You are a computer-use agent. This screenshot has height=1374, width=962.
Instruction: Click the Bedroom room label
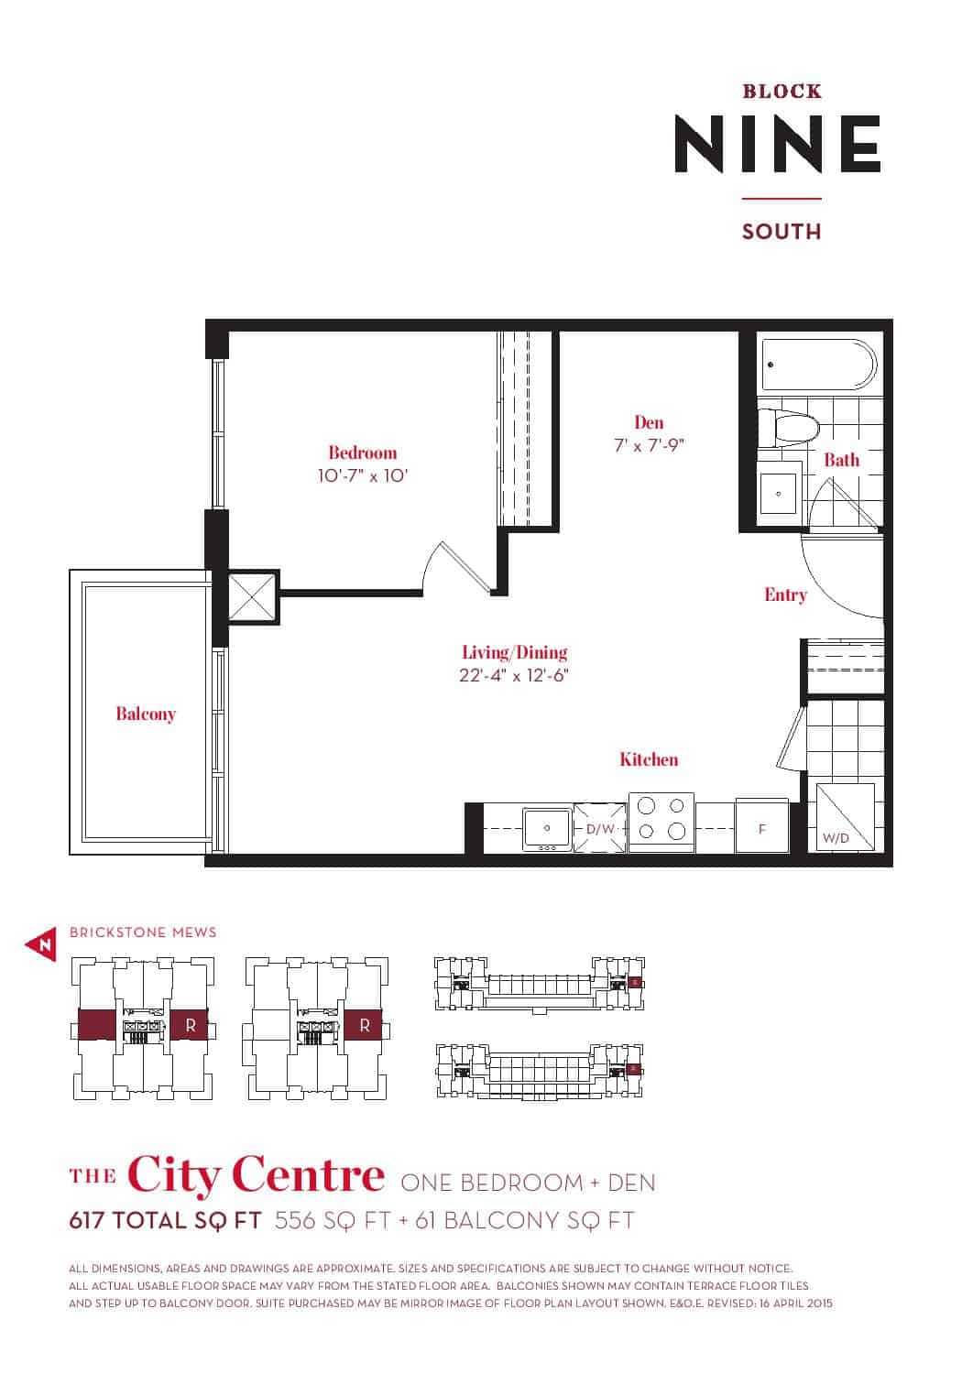(x=363, y=453)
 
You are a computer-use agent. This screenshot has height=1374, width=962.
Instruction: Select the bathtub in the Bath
(x=820, y=365)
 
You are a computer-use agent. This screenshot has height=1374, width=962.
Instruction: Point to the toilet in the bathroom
(x=789, y=429)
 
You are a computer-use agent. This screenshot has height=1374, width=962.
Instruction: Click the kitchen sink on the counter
(x=547, y=829)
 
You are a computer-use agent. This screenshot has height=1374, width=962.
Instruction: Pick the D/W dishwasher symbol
(x=600, y=828)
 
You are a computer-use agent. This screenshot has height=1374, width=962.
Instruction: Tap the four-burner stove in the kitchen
(x=661, y=822)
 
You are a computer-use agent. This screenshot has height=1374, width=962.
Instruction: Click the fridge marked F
(x=762, y=825)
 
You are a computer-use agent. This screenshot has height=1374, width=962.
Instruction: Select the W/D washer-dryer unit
(x=845, y=816)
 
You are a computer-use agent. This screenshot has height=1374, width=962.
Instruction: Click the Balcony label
(x=146, y=714)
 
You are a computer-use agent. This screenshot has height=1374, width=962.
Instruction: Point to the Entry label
(x=785, y=594)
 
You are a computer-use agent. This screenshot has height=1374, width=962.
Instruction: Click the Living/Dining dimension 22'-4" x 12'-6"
(x=514, y=675)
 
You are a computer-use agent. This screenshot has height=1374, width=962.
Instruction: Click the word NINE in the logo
(x=778, y=144)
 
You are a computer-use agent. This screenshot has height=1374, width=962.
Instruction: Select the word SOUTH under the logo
(x=782, y=232)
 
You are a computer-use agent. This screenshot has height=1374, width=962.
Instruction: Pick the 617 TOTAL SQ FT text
(x=165, y=1221)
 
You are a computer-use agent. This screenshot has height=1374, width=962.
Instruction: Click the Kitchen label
(x=649, y=759)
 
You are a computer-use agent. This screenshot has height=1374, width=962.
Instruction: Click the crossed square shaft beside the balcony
(x=252, y=597)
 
